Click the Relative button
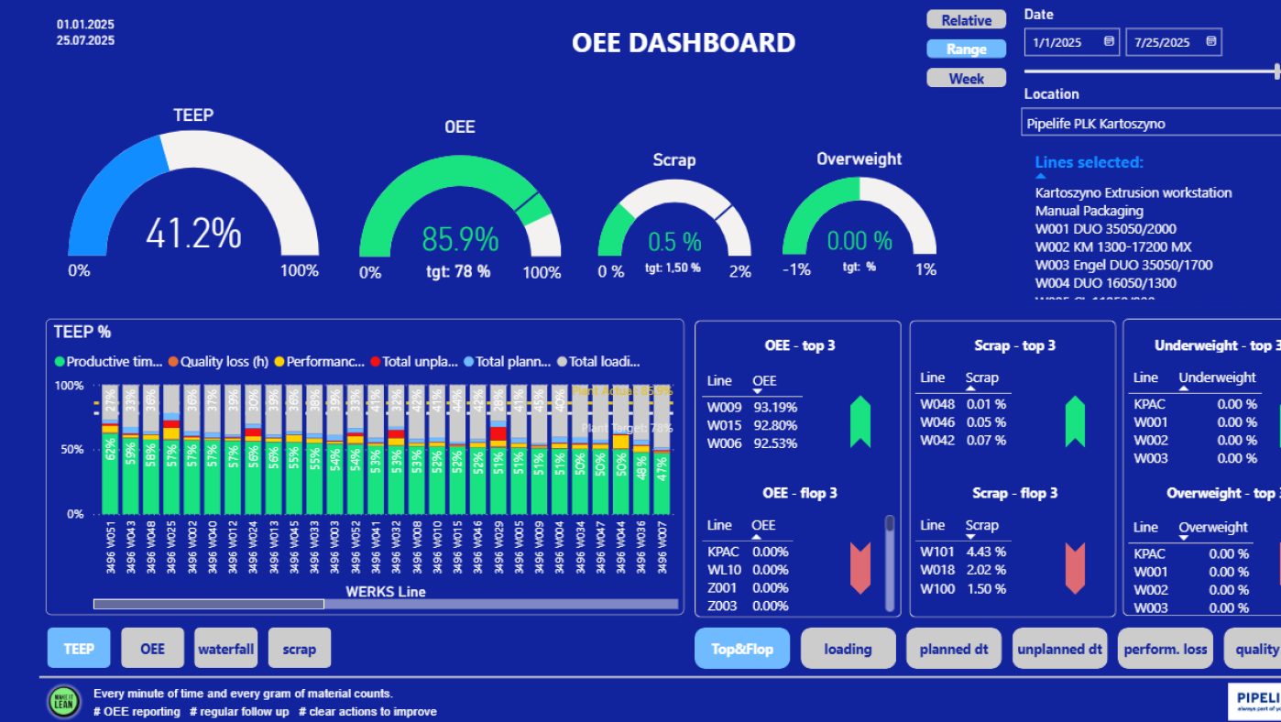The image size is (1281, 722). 966,20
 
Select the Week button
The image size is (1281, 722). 966,79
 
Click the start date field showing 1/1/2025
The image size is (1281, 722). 1070,42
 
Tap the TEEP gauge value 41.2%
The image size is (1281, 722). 193,234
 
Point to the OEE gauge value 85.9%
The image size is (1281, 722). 460,239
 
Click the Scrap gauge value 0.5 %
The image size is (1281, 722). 674,242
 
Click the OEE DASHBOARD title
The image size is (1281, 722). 683,43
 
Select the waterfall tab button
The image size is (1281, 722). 225,649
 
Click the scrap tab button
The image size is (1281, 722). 299,649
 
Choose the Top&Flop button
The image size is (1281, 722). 741,649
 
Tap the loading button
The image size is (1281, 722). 847,649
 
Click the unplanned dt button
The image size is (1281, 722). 1059,649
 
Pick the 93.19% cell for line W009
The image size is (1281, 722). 775,407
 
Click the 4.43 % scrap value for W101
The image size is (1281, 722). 986,552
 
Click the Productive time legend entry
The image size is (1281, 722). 108,362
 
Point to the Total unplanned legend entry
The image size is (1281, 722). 414,362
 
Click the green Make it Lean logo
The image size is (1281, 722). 64,702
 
